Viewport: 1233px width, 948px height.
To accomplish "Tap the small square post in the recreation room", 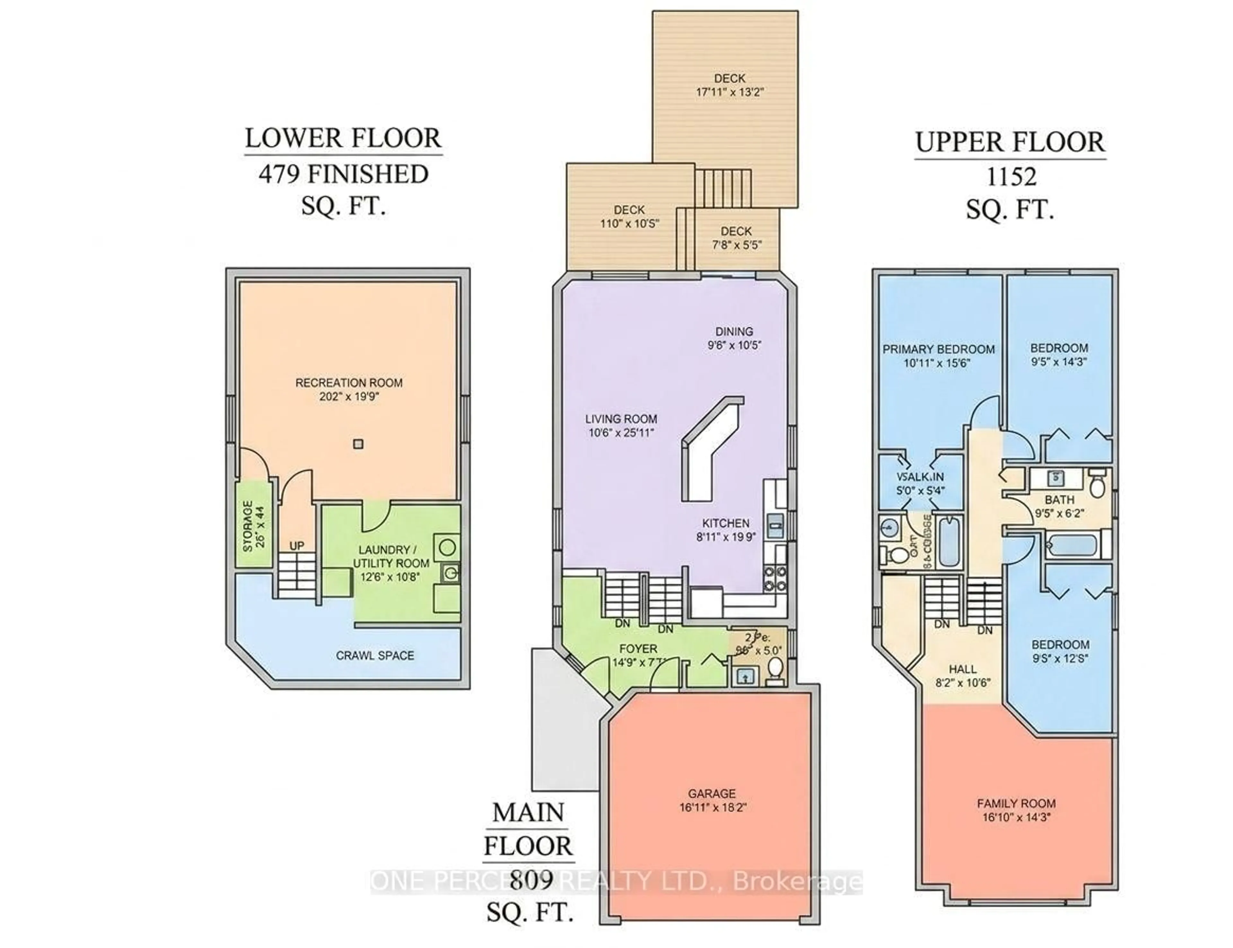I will point(358,444).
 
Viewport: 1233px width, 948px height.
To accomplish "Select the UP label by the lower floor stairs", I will point(297,546).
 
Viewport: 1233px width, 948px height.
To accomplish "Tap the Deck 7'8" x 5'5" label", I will point(736,231).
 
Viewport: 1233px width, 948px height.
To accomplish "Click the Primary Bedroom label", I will point(938,349).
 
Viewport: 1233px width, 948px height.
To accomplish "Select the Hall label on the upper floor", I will point(962,669).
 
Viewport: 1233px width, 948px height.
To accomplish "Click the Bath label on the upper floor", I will point(1059,500).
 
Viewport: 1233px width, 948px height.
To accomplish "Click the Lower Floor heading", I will point(343,138).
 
